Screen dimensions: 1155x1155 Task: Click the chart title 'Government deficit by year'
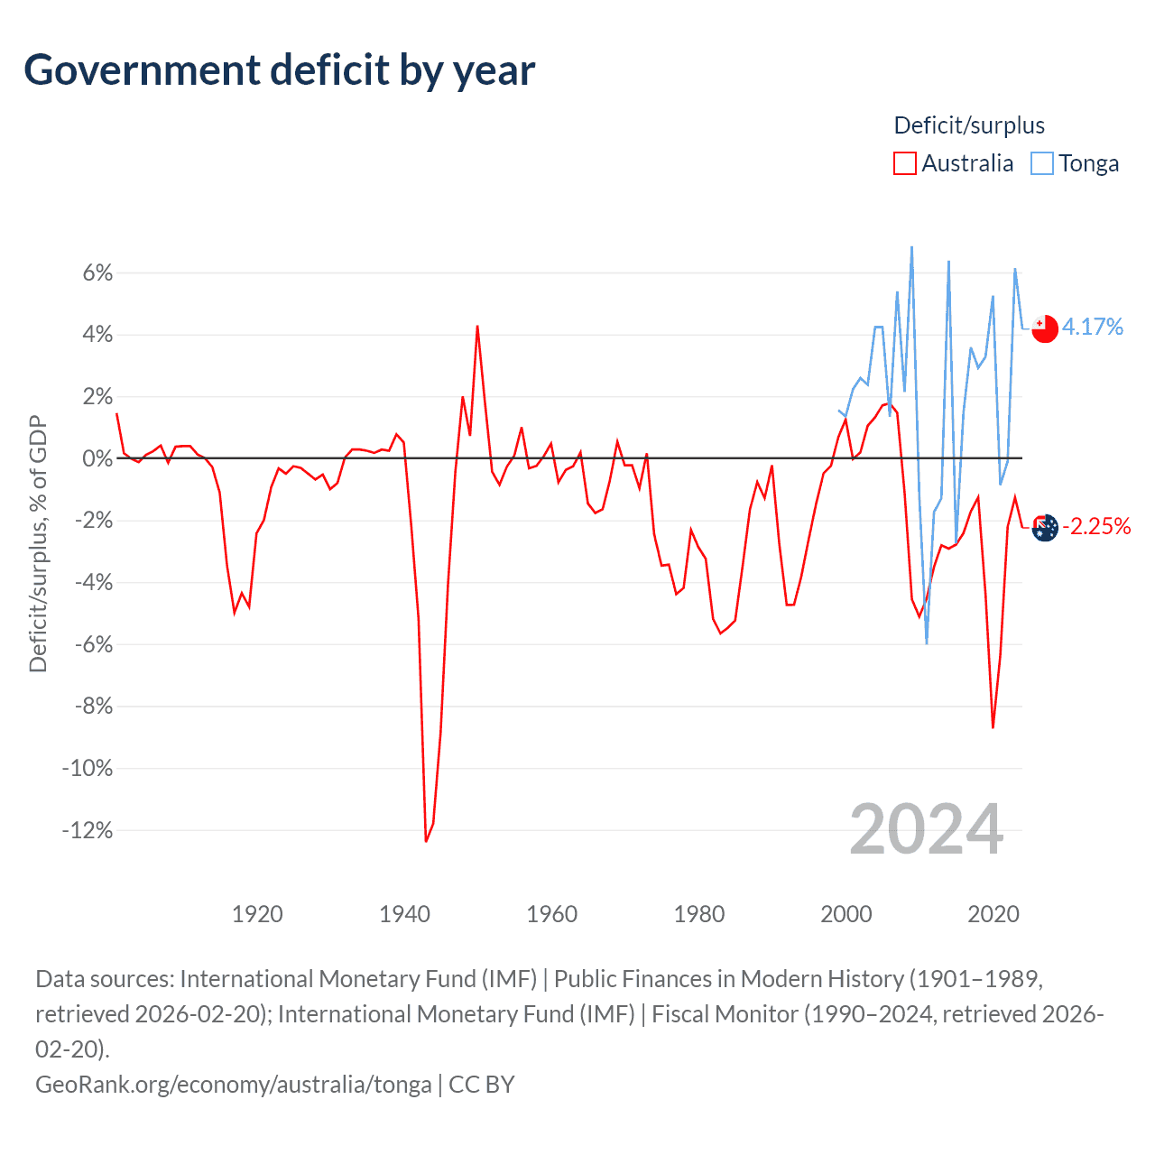pos(280,70)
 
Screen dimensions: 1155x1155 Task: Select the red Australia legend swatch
pos(904,163)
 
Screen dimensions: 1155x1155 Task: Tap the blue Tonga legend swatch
pos(1042,163)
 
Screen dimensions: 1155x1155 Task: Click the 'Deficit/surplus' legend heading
pos(969,125)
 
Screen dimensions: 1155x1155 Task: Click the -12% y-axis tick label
pos(88,830)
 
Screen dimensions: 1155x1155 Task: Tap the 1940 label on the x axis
pos(404,914)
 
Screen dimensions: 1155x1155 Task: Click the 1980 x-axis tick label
pos(699,914)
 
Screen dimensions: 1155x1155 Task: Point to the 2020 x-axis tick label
pos(993,914)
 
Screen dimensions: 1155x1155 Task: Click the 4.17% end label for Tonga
pos(1093,327)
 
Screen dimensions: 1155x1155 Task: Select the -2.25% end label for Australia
pos(1096,526)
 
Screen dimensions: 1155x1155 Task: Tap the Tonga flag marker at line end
pos(1044,328)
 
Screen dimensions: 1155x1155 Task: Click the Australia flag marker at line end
pos(1044,528)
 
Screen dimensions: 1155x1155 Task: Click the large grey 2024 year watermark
pos(927,829)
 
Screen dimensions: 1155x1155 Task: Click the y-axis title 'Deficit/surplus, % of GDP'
pos(38,543)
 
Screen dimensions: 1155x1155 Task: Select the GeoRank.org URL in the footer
pos(233,1084)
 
